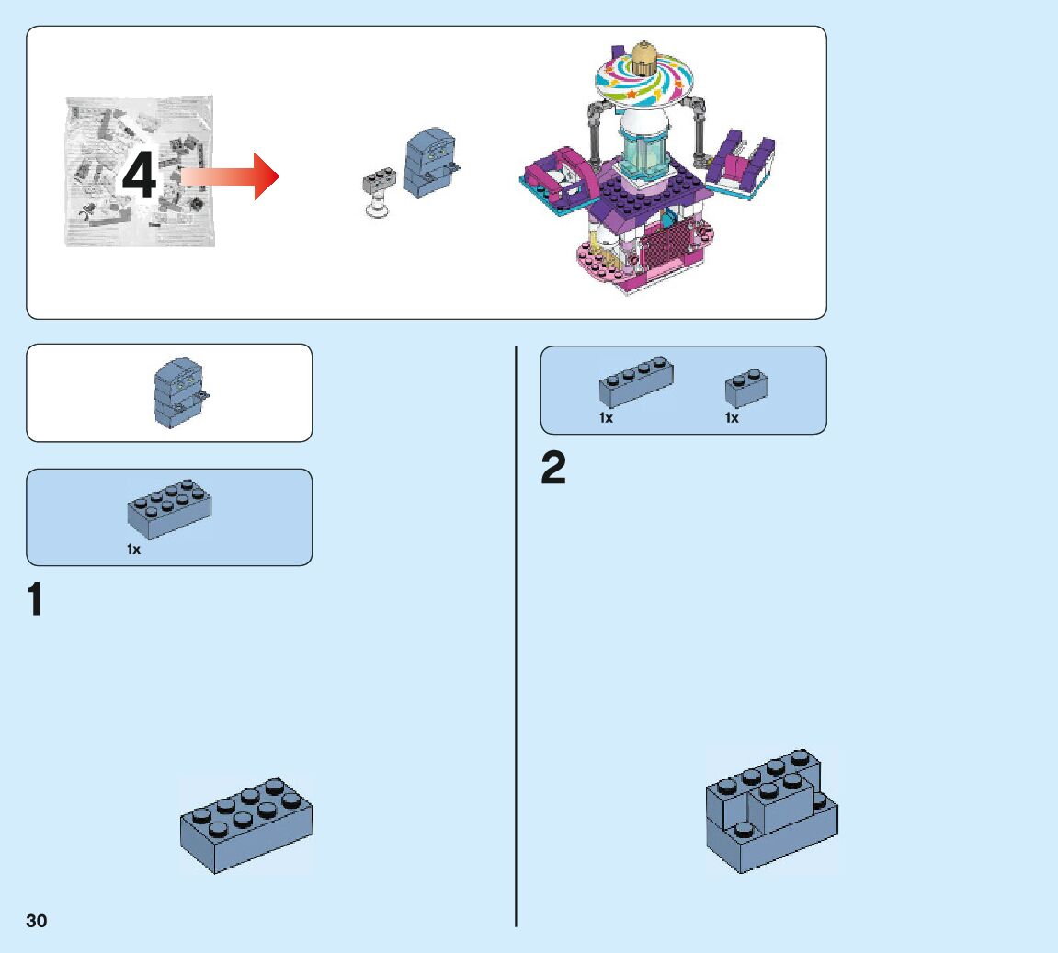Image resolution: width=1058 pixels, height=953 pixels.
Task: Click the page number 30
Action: tap(37, 921)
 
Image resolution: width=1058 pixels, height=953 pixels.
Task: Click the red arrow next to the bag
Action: tap(230, 176)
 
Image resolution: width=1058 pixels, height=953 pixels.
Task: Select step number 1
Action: tap(35, 599)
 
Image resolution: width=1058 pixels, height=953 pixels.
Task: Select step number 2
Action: tap(553, 469)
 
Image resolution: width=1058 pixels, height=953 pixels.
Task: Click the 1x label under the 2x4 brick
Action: tap(134, 550)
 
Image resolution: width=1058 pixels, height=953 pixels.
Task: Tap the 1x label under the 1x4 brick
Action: tap(606, 418)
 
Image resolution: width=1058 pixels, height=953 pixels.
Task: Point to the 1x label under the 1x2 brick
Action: tap(732, 418)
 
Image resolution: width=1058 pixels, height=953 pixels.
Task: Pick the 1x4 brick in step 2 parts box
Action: tap(636, 381)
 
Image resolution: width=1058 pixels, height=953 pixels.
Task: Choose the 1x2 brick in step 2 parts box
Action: tap(746, 388)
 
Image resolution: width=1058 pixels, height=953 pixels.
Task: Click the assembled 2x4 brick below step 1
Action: tap(246, 824)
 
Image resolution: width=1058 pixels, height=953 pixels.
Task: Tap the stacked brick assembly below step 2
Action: tap(771, 811)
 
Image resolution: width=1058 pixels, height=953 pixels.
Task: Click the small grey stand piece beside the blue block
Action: tap(379, 192)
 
